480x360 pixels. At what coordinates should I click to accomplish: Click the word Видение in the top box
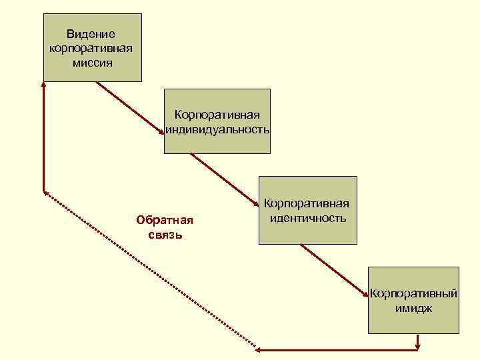point(91,34)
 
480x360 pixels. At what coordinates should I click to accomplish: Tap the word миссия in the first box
point(91,63)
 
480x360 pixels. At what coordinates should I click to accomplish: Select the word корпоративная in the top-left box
point(91,49)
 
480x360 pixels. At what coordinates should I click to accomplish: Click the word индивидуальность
point(218,129)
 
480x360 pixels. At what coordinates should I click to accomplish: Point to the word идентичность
point(308,218)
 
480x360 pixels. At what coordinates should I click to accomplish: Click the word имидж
point(414,307)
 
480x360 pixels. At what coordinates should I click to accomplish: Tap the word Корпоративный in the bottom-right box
point(414,293)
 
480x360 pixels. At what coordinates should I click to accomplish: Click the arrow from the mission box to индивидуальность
point(131,109)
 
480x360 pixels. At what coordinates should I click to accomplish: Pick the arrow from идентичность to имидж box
point(335,270)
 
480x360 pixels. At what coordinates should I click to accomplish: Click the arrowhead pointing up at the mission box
point(43,85)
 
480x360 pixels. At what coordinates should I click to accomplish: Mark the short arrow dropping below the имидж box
point(418,341)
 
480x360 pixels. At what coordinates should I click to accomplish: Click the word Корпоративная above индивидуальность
point(218,116)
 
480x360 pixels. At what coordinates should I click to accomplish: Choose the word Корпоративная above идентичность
point(308,204)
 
